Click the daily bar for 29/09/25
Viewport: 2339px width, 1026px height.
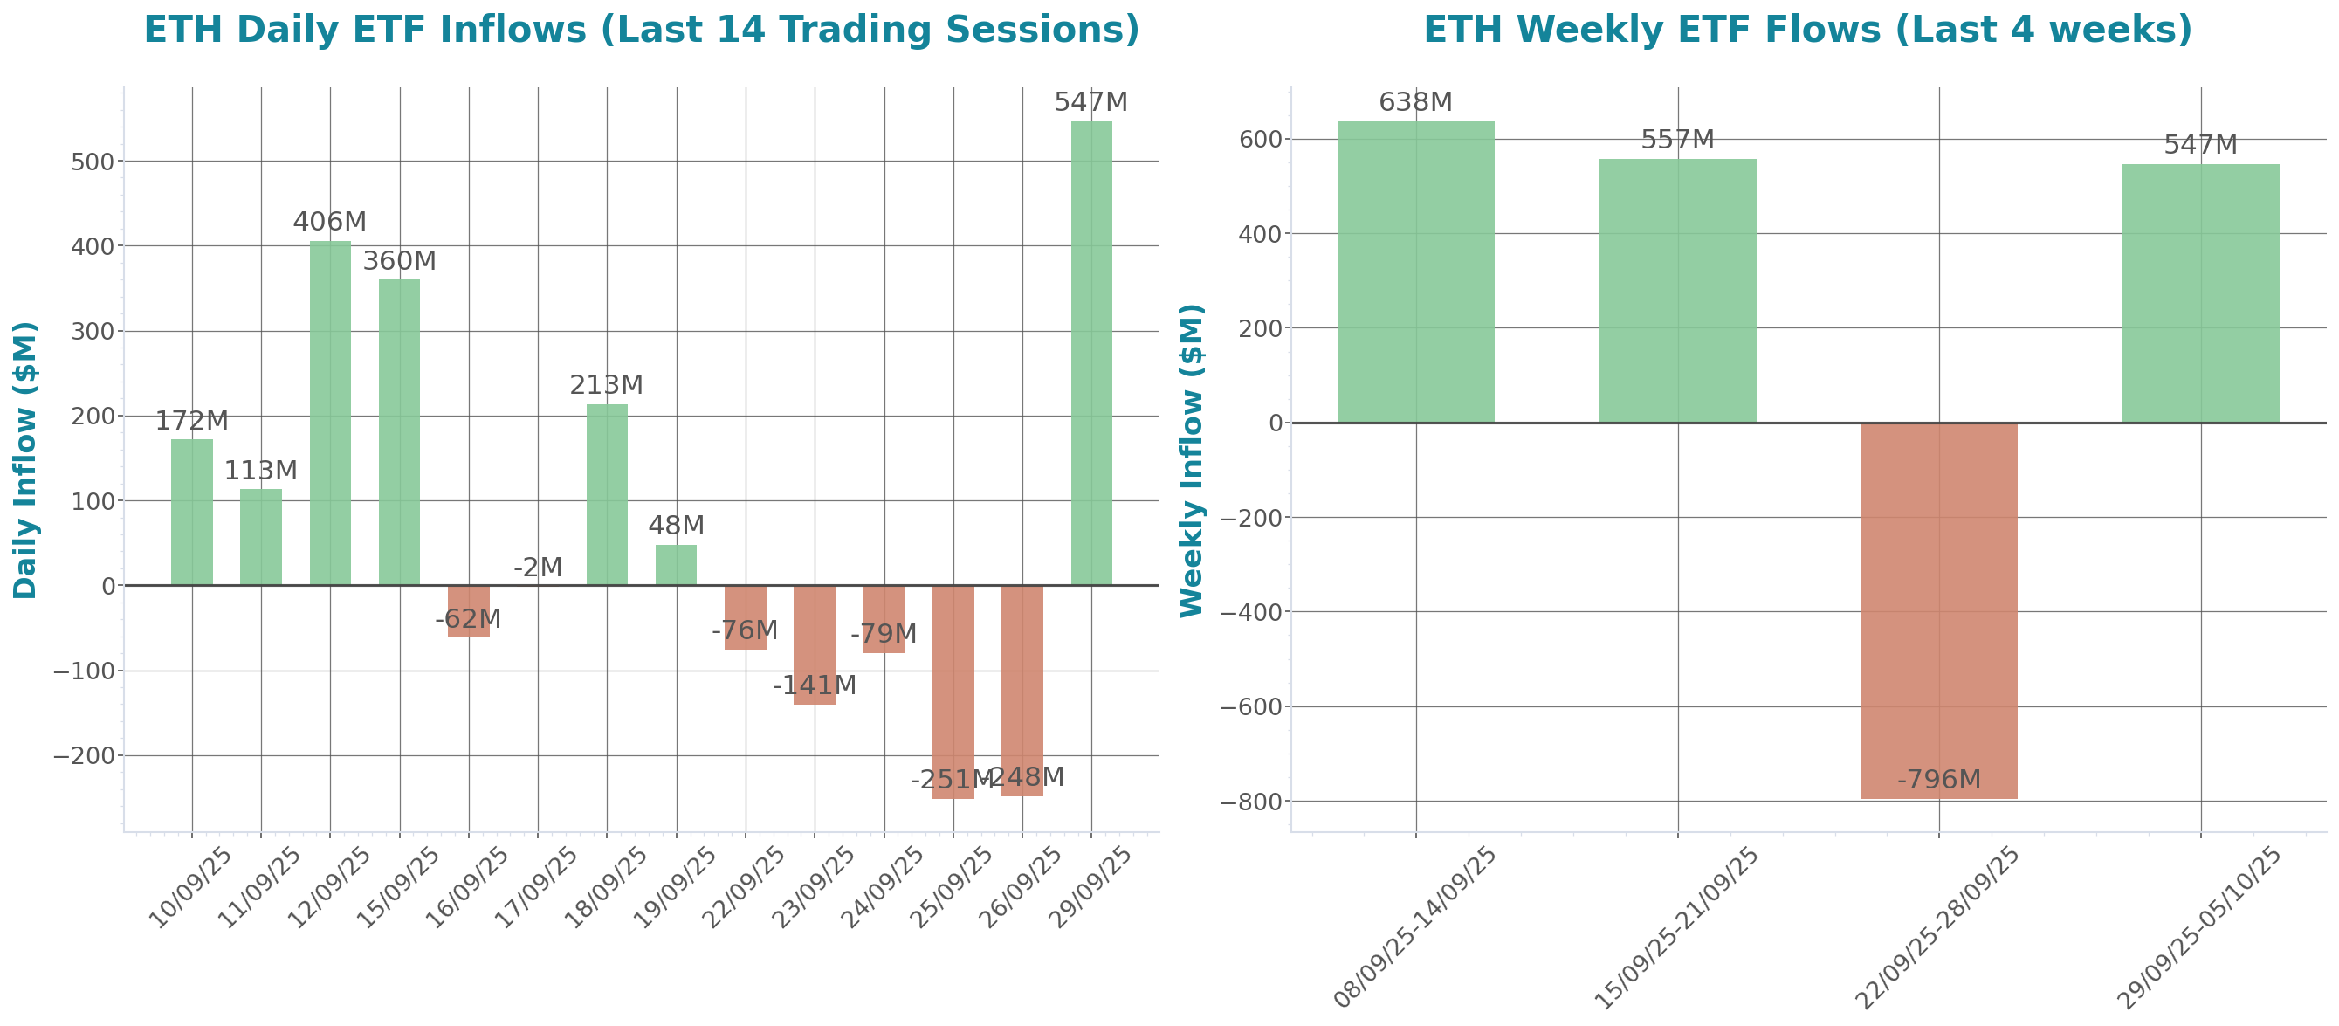click(x=1090, y=355)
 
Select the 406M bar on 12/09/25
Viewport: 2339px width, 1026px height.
click(x=330, y=413)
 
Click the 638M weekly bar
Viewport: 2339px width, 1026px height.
click(x=1415, y=272)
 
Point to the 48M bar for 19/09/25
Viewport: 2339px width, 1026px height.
click(x=676, y=565)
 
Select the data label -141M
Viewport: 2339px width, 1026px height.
click(x=814, y=685)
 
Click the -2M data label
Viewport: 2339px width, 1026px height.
click(x=538, y=568)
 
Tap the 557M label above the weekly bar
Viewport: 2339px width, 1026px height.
click(x=1677, y=140)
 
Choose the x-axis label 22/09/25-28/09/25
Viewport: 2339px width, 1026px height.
click(x=1937, y=927)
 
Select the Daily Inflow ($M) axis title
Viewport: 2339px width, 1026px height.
click(x=24, y=459)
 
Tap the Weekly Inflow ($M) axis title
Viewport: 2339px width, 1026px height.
click(x=1190, y=459)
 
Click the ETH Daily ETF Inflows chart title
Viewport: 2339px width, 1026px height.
click(x=641, y=30)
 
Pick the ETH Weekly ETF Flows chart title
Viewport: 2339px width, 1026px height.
click(x=1807, y=30)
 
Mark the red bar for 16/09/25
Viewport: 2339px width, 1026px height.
click(x=469, y=611)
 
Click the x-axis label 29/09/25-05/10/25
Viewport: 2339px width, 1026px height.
click(x=2199, y=927)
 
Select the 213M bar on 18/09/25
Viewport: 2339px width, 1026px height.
click(x=607, y=495)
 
